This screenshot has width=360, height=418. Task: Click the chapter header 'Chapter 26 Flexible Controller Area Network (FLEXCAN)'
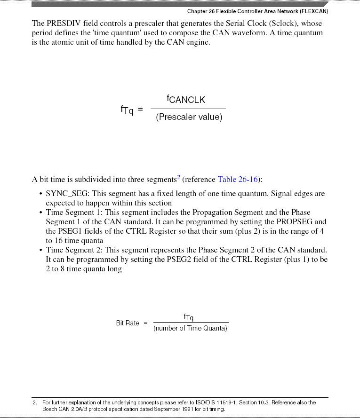257,11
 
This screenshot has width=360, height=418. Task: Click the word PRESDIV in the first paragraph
64,24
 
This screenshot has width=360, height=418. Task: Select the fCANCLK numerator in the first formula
186,99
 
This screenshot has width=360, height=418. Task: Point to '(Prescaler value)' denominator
189,117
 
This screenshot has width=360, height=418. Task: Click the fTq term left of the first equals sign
127,110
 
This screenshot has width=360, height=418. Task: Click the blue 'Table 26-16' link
238,180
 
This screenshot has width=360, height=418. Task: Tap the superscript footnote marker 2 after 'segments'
178,177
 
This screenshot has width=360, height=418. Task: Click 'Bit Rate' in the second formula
128,323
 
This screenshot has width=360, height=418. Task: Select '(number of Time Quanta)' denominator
190,329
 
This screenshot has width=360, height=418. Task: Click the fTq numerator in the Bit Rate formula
189,317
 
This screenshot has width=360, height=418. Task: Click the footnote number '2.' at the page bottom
35,402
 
